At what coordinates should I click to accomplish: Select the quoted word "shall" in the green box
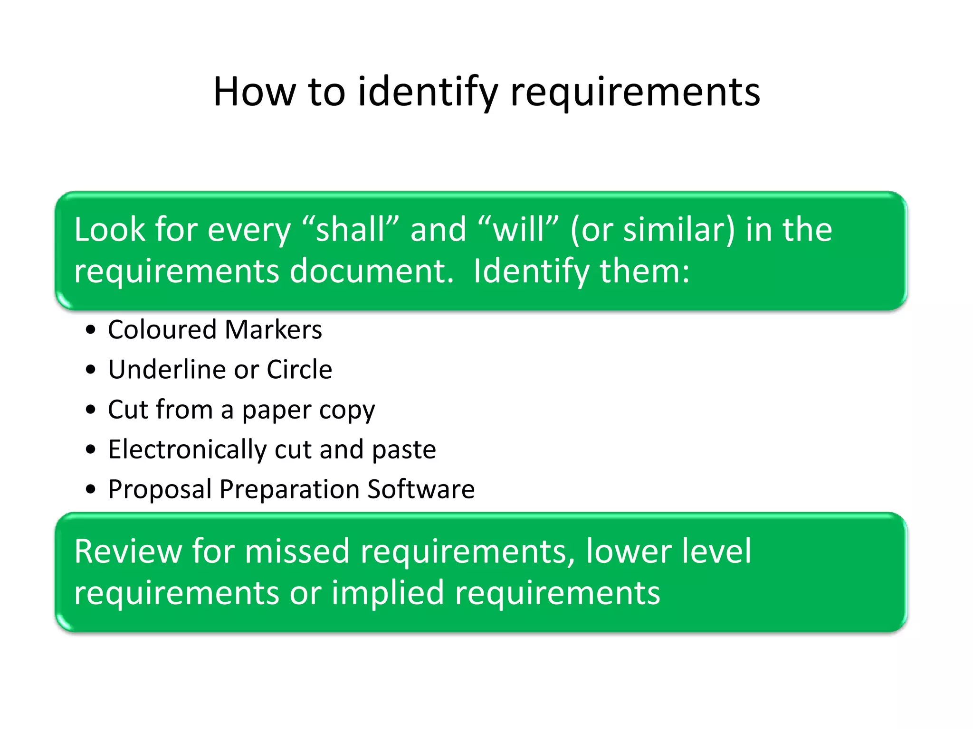[x=351, y=230]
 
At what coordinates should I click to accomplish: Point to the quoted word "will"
[x=519, y=230]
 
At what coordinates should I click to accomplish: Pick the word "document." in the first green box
[x=372, y=271]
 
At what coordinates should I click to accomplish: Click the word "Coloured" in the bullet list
[x=162, y=329]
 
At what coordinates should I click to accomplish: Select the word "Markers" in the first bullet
[x=274, y=329]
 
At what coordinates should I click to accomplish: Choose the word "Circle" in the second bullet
[x=299, y=369]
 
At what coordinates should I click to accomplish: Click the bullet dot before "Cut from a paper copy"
[x=91, y=410]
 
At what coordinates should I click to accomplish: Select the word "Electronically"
[x=187, y=449]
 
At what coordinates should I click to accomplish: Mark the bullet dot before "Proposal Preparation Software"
[x=91, y=489]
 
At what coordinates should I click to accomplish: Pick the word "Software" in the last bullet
[x=421, y=489]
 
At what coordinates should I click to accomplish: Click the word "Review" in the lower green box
[x=128, y=551]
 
